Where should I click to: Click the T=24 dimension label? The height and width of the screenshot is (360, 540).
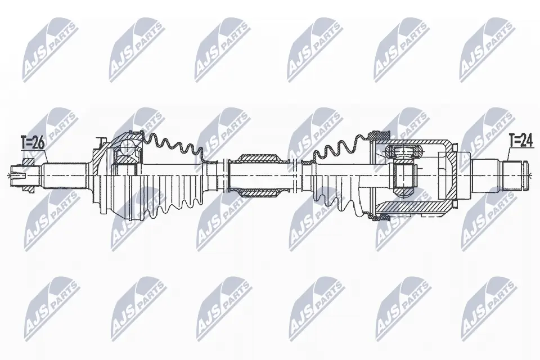pos(520,140)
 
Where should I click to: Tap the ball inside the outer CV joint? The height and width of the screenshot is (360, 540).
pos(128,148)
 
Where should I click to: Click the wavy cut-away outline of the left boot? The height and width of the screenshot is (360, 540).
pos(169,144)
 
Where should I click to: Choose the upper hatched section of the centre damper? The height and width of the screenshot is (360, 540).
pos(259,157)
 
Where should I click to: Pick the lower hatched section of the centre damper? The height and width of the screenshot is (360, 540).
pos(259,193)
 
